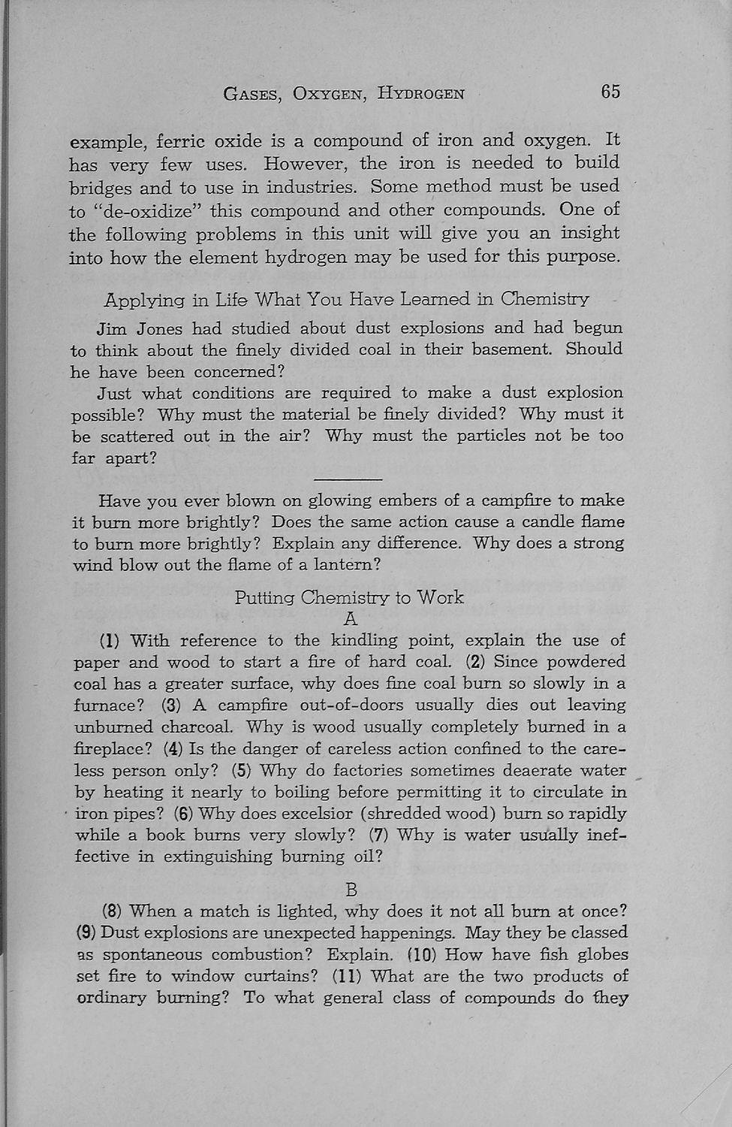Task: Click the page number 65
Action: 610,92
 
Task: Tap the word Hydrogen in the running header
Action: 421,94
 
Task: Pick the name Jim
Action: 112,328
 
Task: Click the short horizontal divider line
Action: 348,479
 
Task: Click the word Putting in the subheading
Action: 264,598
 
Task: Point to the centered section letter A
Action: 349,619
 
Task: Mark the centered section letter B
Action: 351,890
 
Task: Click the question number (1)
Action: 110,641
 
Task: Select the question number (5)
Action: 241,771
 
